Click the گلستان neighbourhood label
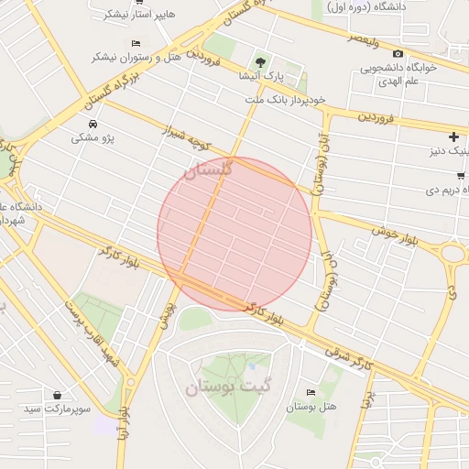[x=208, y=169]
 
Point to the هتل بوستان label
[x=312, y=407]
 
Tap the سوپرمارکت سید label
[x=59, y=409]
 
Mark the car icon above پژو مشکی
[x=93, y=124]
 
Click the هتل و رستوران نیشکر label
[x=136, y=57]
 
